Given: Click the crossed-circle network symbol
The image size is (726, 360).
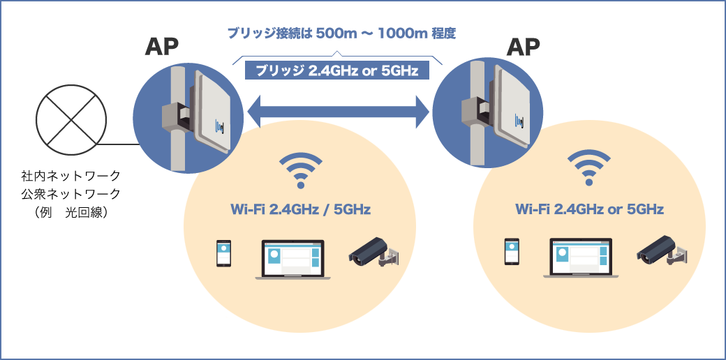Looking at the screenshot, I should [x=72, y=119].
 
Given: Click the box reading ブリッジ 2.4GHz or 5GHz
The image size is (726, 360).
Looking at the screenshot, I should [x=336, y=71].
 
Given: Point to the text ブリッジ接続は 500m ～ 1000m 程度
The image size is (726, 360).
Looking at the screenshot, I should [x=336, y=33].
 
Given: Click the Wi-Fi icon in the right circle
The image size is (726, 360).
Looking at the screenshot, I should [x=588, y=168].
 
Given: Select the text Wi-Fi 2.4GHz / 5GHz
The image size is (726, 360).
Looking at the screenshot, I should [x=300, y=209].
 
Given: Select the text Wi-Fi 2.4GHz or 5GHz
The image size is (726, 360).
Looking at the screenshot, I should [x=589, y=209].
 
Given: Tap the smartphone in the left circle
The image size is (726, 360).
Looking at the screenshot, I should [x=223, y=254].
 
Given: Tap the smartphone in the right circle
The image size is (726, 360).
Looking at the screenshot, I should [x=512, y=252].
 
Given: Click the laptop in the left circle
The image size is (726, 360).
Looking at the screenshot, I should [x=293, y=260].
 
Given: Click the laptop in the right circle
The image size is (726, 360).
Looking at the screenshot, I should [x=581, y=259].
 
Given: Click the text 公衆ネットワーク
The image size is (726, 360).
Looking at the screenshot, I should [x=71, y=193].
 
